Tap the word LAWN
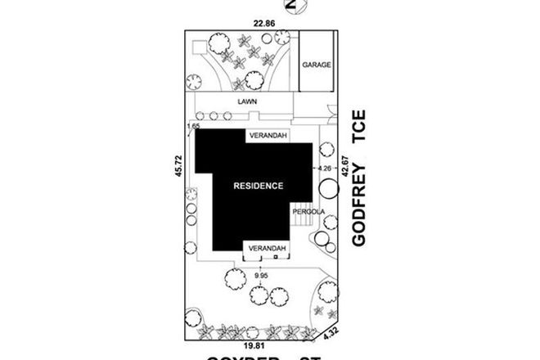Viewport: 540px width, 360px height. coord(247,102)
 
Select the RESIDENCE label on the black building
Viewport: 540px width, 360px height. coord(259,186)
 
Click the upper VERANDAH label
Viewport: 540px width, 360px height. coord(267,136)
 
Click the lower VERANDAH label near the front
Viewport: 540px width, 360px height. coord(267,248)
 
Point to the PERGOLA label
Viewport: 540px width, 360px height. coord(311,212)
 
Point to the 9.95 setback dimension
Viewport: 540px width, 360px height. coord(260,276)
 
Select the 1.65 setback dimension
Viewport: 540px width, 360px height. coord(193,127)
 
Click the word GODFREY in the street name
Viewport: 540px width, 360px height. coord(358,201)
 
